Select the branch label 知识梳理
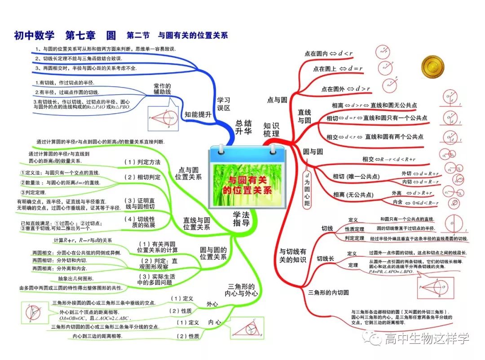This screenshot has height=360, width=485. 271,130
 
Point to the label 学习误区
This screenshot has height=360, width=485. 223,104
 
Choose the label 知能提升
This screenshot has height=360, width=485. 198,114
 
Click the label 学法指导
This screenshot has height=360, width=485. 241,218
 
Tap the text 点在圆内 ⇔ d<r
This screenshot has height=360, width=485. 328,54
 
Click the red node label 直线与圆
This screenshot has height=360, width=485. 304,116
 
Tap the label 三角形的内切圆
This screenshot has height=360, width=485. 328,292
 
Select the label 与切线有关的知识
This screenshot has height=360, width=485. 293,255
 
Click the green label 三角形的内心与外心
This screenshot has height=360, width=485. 242,290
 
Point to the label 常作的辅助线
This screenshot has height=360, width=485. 162,88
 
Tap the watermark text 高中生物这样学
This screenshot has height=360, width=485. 427,338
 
